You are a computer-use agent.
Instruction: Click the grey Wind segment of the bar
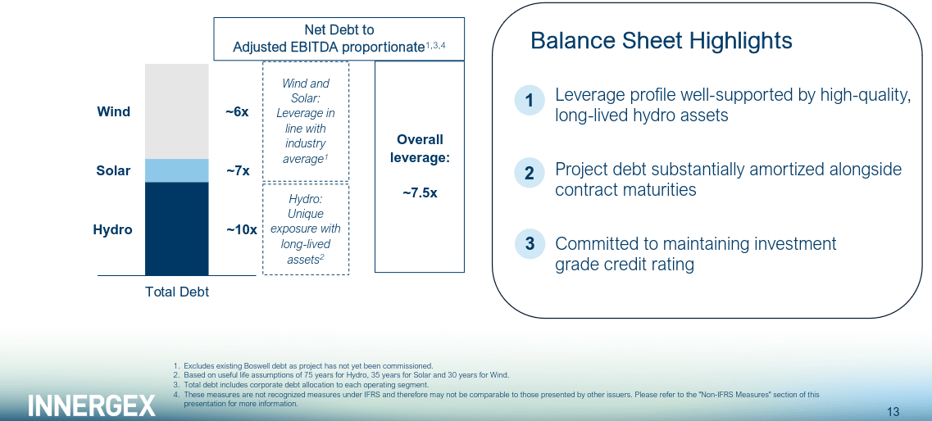(177, 111)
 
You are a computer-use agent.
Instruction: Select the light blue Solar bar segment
(177, 170)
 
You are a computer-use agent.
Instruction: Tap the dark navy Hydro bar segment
(177, 229)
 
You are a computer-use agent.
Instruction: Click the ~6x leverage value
(237, 111)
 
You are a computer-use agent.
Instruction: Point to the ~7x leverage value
(238, 171)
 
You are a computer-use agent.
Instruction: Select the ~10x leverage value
(241, 230)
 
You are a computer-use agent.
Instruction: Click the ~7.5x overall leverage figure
(419, 193)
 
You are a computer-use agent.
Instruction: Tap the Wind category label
(113, 111)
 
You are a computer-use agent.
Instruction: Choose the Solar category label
(113, 170)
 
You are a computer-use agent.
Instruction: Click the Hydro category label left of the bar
(112, 229)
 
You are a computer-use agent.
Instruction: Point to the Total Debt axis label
(177, 292)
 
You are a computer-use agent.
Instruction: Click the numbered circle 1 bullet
(530, 101)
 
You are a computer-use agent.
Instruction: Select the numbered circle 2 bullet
(530, 173)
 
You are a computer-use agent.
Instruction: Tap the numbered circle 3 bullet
(530, 243)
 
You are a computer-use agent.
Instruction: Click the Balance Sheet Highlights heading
(661, 41)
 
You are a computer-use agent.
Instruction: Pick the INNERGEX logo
(92, 405)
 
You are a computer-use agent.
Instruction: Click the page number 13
(893, 411)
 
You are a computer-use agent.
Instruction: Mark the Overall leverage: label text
(420, 148)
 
